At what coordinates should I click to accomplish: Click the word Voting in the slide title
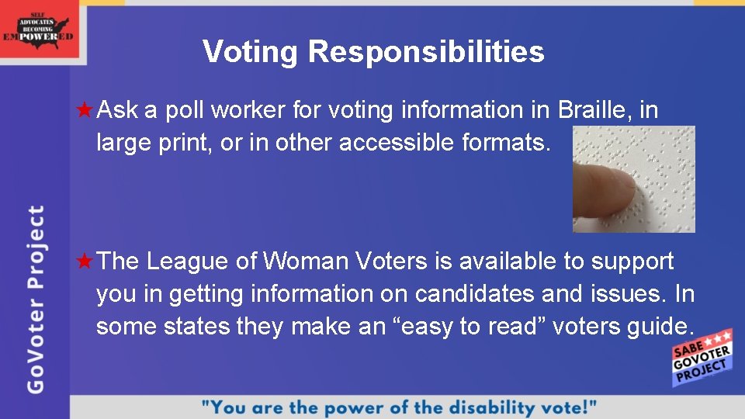[x=250, y=52]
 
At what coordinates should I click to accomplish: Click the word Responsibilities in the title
[x=426, y=52]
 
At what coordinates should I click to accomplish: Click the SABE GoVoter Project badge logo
[x=702, y=358]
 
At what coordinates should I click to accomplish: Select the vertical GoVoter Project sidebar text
[x=35, y=299]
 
